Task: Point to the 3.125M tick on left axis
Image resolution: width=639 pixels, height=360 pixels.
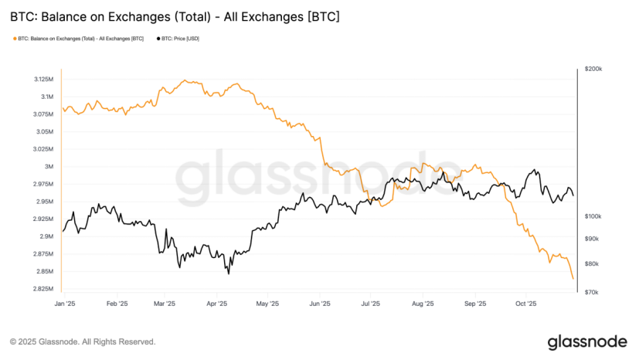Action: (x=44, y=80)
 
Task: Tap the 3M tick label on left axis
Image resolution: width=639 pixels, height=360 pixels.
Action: (x=49, y=167)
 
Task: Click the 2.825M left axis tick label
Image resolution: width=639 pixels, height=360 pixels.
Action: (x=44, y=289)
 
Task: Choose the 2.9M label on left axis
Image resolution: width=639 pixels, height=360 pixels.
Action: (x=46, y=236)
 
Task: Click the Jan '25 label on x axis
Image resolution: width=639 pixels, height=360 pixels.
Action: (x=65, y=304)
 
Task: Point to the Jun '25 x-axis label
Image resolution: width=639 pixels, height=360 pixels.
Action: (x=320, y=304)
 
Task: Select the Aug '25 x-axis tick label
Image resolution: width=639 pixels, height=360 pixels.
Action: (x=423, y=304)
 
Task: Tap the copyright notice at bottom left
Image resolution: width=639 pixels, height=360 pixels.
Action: (x=82, y=341)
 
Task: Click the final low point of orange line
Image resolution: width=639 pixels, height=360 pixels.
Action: (x=573, y=279)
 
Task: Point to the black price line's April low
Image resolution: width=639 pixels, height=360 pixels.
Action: (x=228, y=273)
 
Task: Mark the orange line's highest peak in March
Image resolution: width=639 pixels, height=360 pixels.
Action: (x=183, y=80)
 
